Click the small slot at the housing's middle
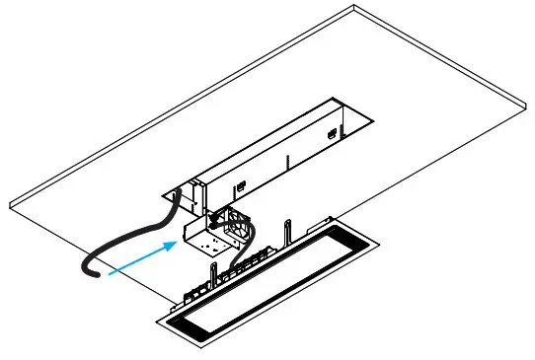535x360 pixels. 238,184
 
